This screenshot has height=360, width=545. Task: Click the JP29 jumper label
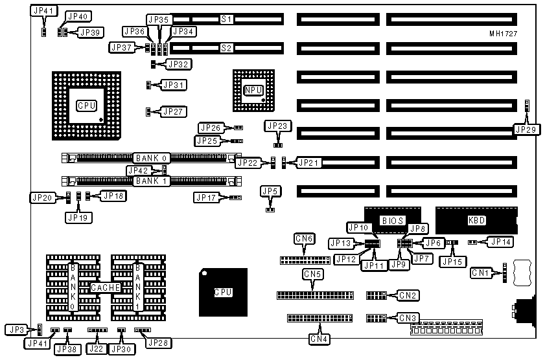tap(526, 129)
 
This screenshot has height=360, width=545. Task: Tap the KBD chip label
tap(476, 220)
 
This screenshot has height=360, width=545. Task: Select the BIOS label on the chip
tap(393, 220)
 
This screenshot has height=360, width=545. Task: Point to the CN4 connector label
tap(318, 338)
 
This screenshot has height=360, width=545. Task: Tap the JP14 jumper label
tap(500, 242)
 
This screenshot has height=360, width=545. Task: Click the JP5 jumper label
tap(270, 190)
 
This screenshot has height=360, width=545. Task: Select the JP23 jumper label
tap(277, 126)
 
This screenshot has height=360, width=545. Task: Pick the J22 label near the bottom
tap(97, 349)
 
